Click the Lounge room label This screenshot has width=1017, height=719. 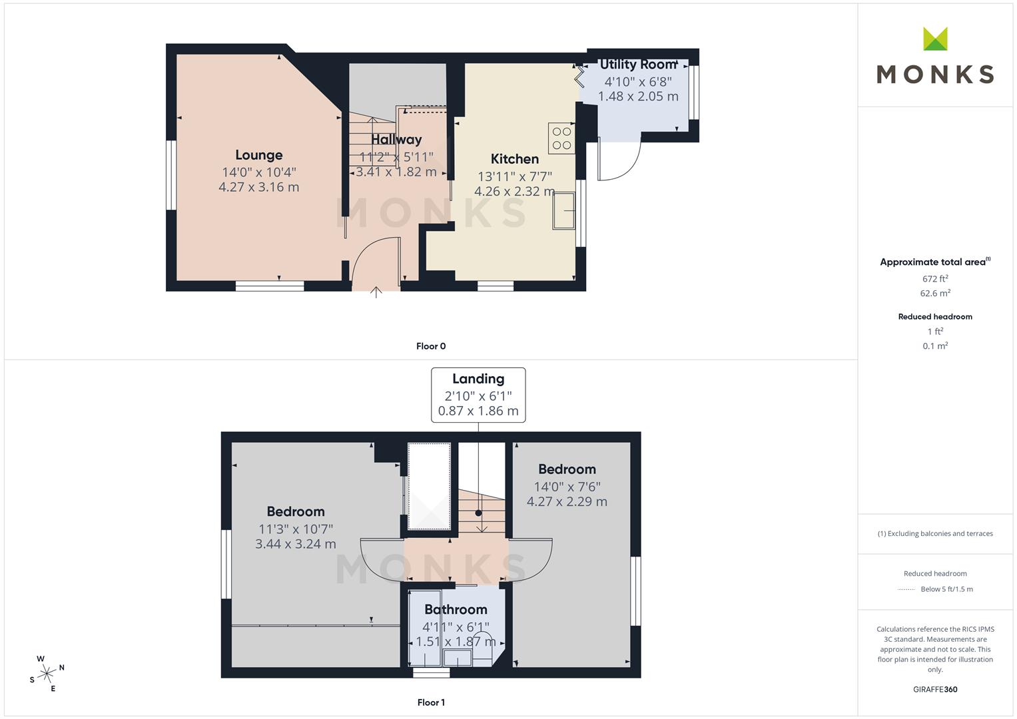[x=259, y=155]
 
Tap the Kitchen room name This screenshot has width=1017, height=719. [x=514, y=159]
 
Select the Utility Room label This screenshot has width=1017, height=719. [x=638, y=65]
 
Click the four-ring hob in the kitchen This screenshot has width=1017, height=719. [x=561, y=138]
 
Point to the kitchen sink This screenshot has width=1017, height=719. [x=564, y=210]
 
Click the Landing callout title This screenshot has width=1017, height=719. [x=478, y=379]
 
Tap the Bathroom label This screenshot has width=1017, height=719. [x=456, y=610]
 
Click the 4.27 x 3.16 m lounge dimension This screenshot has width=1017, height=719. [x=259, y=187]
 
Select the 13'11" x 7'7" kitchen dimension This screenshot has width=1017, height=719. [x=514, y=176]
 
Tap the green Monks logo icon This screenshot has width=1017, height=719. [x=935, y=39]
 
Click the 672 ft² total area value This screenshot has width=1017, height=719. [x=935, y=279]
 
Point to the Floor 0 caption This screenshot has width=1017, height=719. [x=431, y=346]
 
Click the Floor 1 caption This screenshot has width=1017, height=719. [x=431, y=702]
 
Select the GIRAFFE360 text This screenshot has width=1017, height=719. [x=935, y=690]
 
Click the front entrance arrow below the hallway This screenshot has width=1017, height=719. [x=376, y=292]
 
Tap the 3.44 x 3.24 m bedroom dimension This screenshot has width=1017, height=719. [x=296, y=544]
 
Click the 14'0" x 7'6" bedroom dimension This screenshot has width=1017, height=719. [x=567, y=487]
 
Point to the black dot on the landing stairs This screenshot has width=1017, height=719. [x=478, y=513]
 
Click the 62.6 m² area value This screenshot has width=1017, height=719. [x=935, y=293]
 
